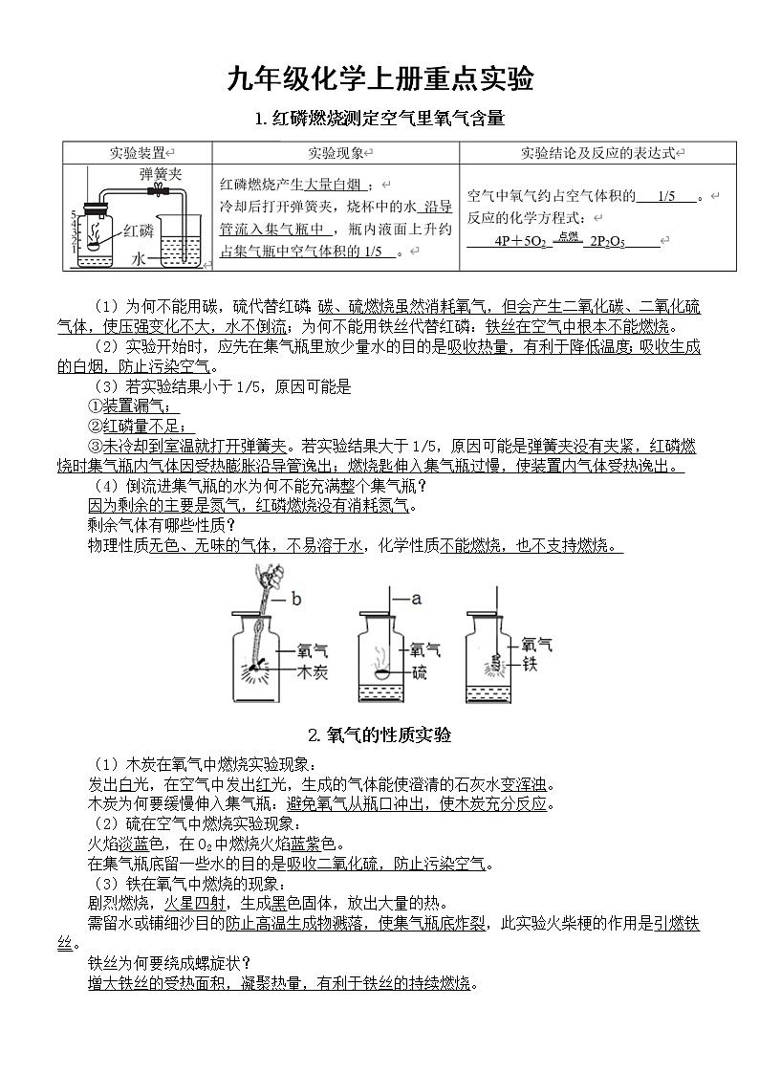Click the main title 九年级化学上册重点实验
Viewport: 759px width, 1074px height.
click(x=379, y=78)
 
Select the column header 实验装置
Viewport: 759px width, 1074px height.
click(x=136, y=153)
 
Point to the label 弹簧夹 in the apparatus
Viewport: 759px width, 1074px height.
click(x=160, y=175)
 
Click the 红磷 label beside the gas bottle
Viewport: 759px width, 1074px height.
click(x=139, y=230)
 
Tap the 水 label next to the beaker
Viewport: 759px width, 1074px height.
click(x=138, y=259)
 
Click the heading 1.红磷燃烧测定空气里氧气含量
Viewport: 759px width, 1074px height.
click(x=379, y=119)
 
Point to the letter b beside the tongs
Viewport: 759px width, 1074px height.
click(x=295, y=600)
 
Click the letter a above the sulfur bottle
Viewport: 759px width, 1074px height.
click(x=416, y=599)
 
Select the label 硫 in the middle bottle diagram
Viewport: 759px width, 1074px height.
click(x=419, y=672)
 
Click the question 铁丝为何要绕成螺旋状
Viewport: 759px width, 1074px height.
click(x=168, y=961)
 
